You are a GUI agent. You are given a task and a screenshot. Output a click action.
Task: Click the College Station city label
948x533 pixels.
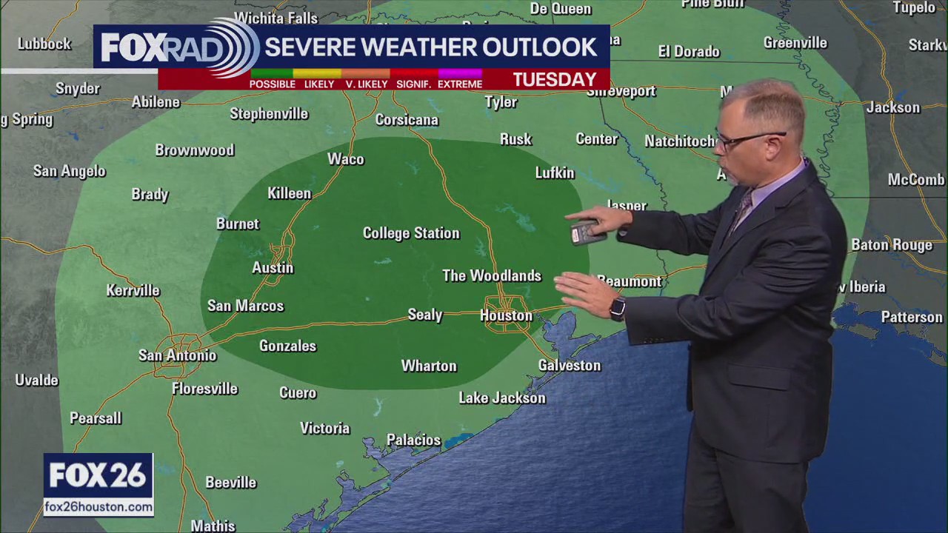coord(411,233)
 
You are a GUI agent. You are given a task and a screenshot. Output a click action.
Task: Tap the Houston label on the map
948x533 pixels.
coord(506,315)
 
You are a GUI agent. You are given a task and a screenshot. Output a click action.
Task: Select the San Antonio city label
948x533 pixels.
coord(178,355)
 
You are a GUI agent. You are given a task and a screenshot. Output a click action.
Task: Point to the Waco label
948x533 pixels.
coord(346,159)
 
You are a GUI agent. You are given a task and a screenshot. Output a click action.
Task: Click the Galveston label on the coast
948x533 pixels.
coord(569,365)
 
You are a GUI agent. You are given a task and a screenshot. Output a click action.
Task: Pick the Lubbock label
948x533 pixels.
coord(44,44)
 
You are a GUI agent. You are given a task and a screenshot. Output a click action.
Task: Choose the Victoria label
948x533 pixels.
coord(324,428)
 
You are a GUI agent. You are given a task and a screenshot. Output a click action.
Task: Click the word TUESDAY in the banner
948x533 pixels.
coord(555,79)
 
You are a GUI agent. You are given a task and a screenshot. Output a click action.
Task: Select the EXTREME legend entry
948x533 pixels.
coord(460,84)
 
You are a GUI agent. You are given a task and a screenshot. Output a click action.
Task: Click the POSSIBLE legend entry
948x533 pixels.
coord(272,84)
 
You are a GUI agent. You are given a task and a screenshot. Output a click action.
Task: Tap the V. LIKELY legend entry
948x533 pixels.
coord(367,84)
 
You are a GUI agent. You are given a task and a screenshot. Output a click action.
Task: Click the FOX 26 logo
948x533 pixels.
coord(98,476)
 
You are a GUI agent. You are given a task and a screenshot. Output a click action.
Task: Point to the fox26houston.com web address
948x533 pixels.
coord(99,507)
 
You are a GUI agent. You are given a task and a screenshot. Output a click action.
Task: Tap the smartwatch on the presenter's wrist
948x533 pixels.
coord(617,308)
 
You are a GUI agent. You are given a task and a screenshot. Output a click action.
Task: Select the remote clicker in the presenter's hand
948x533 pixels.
coord(584,232)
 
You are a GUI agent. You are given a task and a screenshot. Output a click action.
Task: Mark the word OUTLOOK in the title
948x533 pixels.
coord(539,47)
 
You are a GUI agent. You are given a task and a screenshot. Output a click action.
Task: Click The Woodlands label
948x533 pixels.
coord(492,275)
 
